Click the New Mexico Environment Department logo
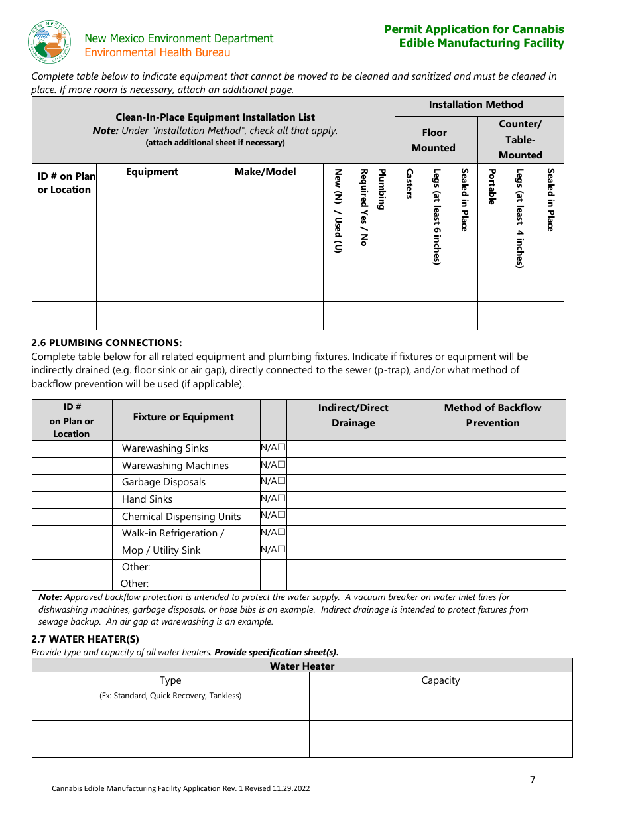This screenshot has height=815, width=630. (x=50, y=42)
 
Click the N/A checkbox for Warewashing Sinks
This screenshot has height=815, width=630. (x=282, y=448)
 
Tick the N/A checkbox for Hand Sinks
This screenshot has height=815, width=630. (x=282, y=499)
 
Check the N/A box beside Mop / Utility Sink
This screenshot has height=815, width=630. (x=282, y=549)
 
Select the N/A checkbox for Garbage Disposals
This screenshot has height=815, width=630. (x=282, y=481)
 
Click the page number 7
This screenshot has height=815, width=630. (x=532, y=780)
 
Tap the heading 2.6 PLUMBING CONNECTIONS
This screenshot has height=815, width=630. (x=107, y=343)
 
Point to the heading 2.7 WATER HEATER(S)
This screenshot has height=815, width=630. (x=86, y=639)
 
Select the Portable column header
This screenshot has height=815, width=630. (x=491, y=187)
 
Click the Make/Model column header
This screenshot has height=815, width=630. (x=265, y=172)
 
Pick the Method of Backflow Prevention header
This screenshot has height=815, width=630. (x=493, y=415)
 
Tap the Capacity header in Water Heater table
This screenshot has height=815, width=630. (x=440, y=680)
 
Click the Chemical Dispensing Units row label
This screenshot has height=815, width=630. (x=182, y=517)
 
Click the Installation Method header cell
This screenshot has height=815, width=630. (x=475, y=105)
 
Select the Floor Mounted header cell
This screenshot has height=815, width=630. (x=434, y=140)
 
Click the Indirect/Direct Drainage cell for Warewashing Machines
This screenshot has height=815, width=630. (x=353, y=465)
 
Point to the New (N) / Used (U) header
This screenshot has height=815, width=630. (x=337, y=210)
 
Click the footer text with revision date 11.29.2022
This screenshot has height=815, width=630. (x=181, y=788)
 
